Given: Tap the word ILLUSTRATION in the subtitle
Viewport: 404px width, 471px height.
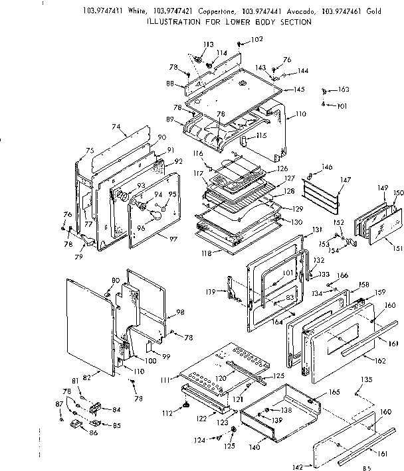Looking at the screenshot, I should (x=173, y=21).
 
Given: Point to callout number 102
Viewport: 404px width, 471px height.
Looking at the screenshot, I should (x=256, y=39).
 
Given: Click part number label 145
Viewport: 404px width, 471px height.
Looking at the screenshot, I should (x=299, y=90).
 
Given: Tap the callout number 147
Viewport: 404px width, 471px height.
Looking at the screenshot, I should (x=345, y=180).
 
